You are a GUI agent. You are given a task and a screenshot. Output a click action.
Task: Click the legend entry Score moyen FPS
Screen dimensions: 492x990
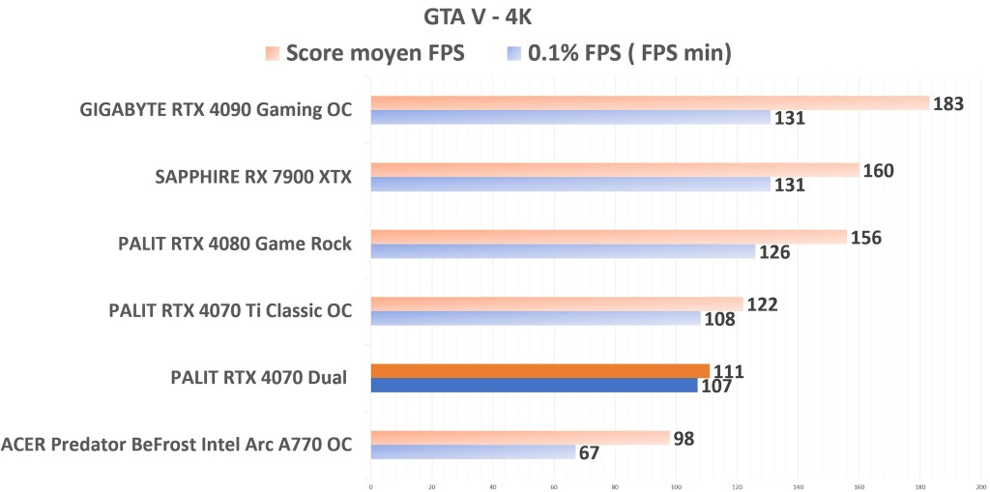click(x=375, y=54)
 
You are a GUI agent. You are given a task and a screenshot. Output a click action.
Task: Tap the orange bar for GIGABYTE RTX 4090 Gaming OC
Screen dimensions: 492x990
click(x=649, y=103)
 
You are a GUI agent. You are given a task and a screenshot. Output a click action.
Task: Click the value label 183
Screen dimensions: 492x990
click(x=949, y=103)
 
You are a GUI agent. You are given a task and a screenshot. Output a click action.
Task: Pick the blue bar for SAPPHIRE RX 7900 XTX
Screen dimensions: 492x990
click(x=570, y=185)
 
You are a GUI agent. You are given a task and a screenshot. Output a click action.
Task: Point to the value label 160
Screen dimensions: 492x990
click(x=878, y=171)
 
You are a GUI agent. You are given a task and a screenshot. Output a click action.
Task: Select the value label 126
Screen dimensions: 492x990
click(x=774, y=253)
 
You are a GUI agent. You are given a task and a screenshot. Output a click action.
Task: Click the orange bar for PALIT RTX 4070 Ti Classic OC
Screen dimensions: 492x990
click(x=557, y=304)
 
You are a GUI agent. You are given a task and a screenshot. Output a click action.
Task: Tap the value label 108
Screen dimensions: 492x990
click(x=719, y=320)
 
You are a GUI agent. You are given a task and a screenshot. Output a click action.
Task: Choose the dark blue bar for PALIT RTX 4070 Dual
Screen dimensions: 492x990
click(x=534, y=386)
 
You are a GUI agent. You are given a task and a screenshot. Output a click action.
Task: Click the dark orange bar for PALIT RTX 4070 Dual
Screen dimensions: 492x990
click(x=539, y=371)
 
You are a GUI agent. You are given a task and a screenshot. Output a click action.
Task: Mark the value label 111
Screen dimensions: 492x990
click(x=728, y=371)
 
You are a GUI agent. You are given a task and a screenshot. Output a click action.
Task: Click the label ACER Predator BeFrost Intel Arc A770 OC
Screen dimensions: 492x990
click(x=176, y=445)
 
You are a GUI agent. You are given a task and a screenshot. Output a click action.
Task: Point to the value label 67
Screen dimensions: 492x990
click(x=589, y=453)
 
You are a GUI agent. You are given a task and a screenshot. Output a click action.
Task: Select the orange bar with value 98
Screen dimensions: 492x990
click(x=520, y=438)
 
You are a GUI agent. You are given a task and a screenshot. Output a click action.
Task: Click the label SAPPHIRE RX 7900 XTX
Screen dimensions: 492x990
click(x=253, y=177)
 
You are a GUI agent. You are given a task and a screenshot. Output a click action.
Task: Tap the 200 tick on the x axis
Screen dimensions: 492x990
click(x=980, y=486)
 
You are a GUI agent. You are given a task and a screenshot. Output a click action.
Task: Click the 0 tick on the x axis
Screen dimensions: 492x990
click(x=371, y=486)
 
